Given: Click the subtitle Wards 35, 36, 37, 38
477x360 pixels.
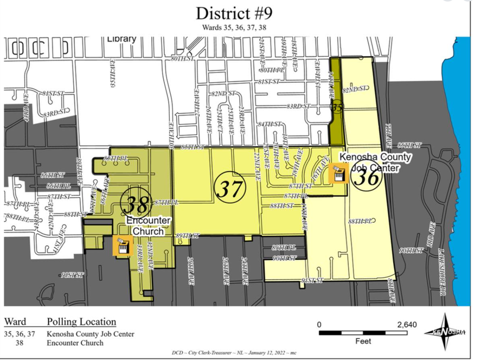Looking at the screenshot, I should (x=234, y=27).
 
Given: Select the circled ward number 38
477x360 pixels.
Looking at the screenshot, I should (x=136, y=203).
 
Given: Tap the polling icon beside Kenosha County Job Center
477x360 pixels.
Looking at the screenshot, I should (x=338, y=173).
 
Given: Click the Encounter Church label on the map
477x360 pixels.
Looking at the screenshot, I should (x=148, y=226).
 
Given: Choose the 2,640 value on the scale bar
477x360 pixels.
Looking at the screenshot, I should (x=407, y=325).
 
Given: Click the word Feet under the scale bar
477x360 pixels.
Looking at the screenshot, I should (x=363, y=341).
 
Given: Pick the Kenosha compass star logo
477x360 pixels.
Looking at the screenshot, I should (x=446, y=332).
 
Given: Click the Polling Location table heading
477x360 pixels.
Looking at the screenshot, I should (x=81, y=322).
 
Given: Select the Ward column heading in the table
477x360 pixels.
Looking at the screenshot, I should (x=15, y=322).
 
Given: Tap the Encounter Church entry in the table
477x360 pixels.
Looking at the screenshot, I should (x=75, y=342).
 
